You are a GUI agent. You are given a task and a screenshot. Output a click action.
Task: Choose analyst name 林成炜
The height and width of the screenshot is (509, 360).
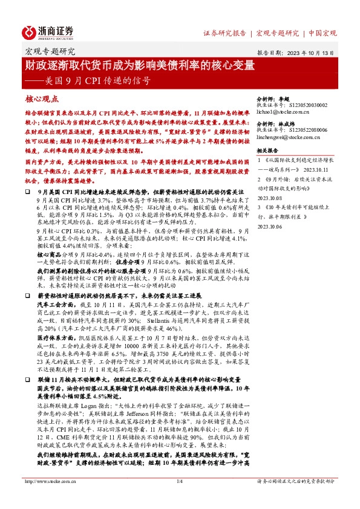tap(286, 122)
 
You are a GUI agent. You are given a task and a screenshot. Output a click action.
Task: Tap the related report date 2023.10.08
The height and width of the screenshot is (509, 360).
tap(270, 198)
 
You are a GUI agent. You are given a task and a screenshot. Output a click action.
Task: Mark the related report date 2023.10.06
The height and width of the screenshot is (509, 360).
tap(270, 226)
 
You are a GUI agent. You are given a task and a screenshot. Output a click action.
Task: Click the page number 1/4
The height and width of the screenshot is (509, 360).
tap(180, 499)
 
